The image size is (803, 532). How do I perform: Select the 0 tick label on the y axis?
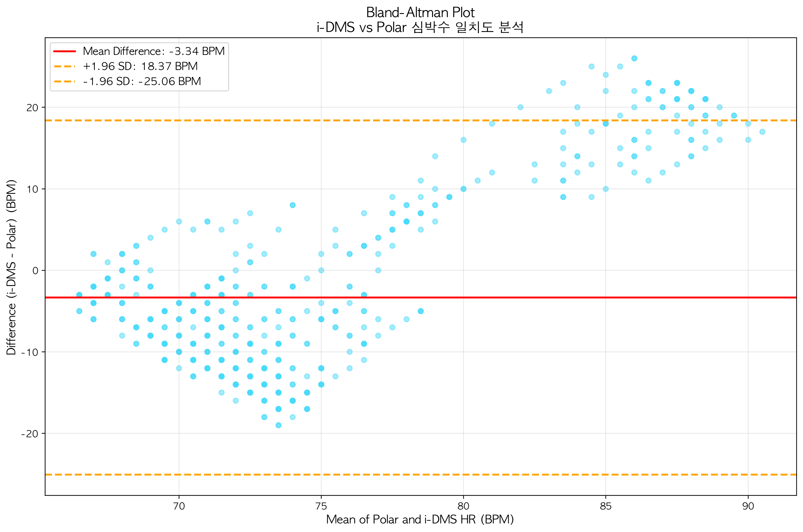(35, 271)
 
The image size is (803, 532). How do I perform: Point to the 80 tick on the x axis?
(463, 506)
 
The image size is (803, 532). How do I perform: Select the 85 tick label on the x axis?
(606, 506)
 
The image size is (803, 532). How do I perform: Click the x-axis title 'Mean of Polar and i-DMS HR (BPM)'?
(420, 519)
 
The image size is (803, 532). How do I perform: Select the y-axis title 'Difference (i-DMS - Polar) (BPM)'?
(11, 267)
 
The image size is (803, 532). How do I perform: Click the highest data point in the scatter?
(634, 58)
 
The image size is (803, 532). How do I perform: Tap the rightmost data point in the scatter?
(762, 132)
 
